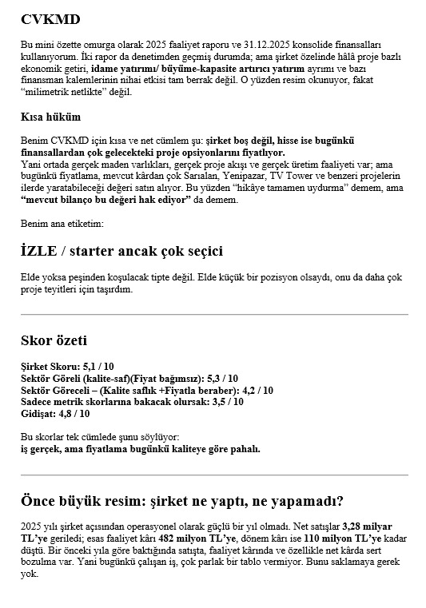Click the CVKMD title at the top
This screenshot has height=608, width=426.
click(50, 18)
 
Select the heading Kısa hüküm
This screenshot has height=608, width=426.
click(50, 117)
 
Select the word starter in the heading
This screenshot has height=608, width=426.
click(111, 251)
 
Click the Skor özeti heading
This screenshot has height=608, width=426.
click(54, 341)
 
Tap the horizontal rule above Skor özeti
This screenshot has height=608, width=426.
click(213, 314)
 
